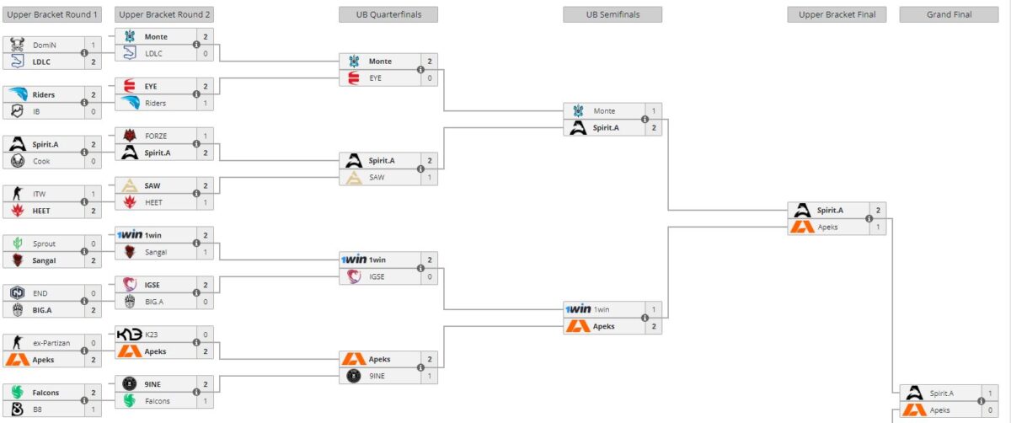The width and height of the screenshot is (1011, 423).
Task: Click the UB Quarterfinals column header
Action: click(x=388, y=14)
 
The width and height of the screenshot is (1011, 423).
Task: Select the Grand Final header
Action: click(x=949, y=14)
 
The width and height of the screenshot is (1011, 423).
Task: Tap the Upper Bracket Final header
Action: click(x=837, y=14)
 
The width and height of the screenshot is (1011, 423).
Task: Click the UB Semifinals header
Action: click(x=612, y=14)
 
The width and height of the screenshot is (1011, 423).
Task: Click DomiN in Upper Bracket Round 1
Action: click(x=45, y=45)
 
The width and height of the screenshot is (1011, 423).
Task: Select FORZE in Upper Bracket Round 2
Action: click(x=156, y=136)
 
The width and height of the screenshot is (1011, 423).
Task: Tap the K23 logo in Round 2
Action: click(x=130, y=335)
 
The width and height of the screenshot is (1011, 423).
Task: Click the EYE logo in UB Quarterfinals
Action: click(x=354, y=78)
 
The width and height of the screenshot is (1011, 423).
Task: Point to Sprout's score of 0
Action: click(x=94, y=244)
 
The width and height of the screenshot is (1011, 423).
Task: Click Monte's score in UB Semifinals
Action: click(x=653, y=111)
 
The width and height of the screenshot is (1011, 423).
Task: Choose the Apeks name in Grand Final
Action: click(x=943, y=410)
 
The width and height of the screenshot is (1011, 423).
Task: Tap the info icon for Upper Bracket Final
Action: click(x=869, y=218)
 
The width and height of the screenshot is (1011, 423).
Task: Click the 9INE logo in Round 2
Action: click(x=130, y=384)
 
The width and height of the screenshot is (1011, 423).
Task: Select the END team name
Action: click(x=40, y=293)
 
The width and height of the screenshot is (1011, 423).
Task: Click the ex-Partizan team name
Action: click(x=51, y=343)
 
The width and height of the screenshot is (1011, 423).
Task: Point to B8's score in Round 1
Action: click(x=94, y=410)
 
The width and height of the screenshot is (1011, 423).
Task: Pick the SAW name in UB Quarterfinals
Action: click(x=377, y=177)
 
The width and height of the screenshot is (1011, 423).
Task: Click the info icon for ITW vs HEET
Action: click(x=84, y=202)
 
